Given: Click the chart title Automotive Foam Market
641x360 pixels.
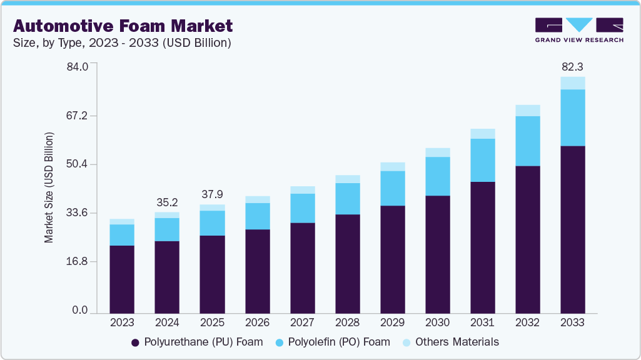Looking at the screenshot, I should pos(123,26).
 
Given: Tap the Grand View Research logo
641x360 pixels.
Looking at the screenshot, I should pos(579,30).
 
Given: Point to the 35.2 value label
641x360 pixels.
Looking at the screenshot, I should pos(167,202).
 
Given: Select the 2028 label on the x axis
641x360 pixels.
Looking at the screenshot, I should pos(347,322).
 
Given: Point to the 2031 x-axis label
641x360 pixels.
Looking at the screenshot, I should pos(482,322).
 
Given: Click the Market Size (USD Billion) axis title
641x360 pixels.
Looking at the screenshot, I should pos(49,187).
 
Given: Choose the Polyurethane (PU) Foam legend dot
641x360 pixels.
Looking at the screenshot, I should pos(135,342).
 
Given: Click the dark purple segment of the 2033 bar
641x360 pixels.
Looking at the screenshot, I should pos(572,229).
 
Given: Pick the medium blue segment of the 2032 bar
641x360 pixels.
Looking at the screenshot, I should pos(527,141).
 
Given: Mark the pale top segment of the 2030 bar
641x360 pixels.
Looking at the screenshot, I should pos(437,152).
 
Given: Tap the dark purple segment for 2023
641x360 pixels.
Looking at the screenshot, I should pos(122,279).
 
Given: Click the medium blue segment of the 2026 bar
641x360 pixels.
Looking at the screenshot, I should pos(257,216).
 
